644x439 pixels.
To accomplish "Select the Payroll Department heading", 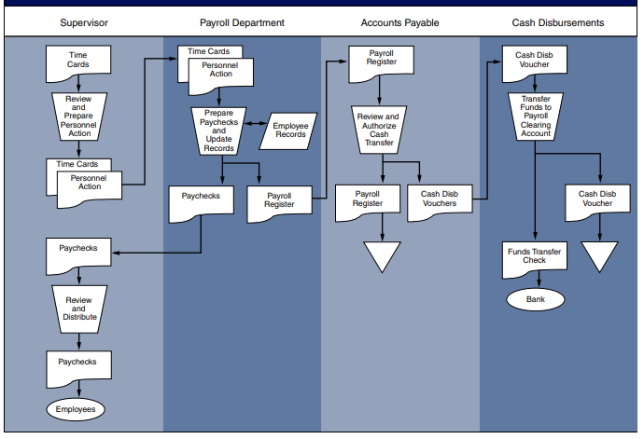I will click(x=242, y=21).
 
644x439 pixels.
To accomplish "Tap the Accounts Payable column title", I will click(x=400, y=21).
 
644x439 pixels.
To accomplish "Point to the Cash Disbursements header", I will click(x=558, y=21).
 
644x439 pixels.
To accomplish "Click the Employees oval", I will click(x=78, y=408).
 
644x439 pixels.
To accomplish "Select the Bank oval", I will click(x=536, y=299).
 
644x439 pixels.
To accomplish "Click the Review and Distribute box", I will click(x=78, y=309).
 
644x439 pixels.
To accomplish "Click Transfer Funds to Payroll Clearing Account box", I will click(x=536, y=117).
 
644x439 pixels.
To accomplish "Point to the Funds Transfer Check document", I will click(x=536, y=258).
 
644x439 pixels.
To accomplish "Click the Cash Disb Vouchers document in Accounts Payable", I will click(x=439, y=201).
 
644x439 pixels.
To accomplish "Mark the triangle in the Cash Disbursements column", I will click(x=599, y=255).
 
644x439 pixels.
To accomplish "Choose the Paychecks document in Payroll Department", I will click(x=201, y=201).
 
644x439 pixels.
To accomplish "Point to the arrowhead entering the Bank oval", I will click(x=536, y=285).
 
